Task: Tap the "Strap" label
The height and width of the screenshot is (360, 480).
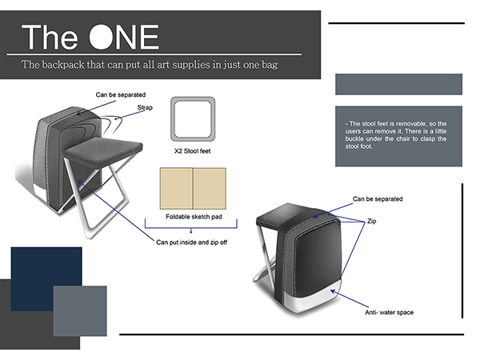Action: click(145, 107)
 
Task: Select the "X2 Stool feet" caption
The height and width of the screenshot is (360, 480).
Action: click(193, 151)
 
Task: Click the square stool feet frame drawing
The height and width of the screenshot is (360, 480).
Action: click(193, 119)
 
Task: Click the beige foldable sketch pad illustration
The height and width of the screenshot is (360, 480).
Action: click(193, 189)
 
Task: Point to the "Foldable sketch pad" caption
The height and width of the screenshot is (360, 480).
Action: click(194, 217)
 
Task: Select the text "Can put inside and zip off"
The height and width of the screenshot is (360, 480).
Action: click(192, 242)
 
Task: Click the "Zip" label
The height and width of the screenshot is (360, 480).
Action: click(372, 221)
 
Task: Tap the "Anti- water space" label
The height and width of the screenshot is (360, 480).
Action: click(389, 312)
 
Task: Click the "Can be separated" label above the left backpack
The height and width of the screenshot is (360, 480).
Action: click(121, 94)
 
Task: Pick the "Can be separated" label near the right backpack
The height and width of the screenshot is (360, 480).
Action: click(378, 199)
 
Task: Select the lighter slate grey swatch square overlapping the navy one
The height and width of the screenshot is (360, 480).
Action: click(80, 311)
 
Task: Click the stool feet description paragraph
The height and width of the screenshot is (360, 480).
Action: click(396, 135)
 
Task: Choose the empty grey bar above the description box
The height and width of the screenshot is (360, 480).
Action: click(398, 84)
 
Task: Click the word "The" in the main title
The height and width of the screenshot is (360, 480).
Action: click(50, 37)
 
